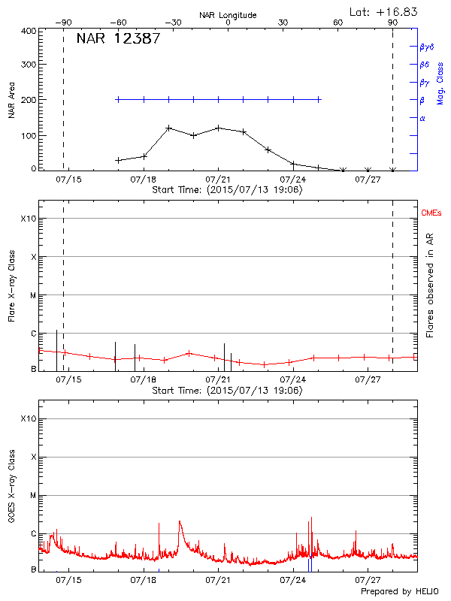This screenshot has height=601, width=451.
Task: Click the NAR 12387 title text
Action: tap(118, 39)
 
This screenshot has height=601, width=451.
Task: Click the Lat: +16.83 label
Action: tap(384, 11)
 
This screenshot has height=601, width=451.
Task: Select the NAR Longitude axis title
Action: tap(228, 15)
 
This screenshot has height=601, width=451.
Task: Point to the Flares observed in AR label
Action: tap(430, 285)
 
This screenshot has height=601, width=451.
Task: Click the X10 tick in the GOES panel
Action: tap(29, 418)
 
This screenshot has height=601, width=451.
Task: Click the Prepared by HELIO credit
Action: tap(400, 591)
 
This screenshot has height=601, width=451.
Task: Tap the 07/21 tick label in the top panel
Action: tap(218, 180)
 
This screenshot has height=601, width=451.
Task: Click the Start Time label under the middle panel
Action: tap(227, 391)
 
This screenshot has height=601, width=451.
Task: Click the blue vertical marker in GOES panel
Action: tap(309, 563)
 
